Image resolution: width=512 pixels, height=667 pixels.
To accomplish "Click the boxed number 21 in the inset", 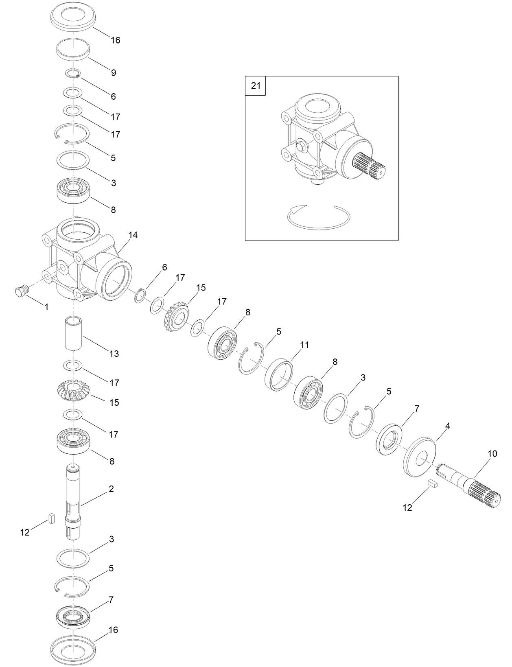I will coord(255,86).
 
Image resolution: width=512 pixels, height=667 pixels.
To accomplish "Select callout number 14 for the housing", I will coord(133,235).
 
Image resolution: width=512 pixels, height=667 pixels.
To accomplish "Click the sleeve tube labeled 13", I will coord(74,334).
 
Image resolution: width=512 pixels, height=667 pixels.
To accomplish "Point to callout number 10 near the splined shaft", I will coord(492,454).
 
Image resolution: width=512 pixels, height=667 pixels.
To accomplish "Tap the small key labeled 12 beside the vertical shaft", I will coord(51,518).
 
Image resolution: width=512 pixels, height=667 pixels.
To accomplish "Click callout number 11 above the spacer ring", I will coord(304,345).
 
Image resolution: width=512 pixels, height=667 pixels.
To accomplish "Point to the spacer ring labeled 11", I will coord(279,374).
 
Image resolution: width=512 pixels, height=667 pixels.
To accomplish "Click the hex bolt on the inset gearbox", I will coord(302,146).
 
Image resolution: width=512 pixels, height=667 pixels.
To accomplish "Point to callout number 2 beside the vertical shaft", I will coord(111,489).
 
